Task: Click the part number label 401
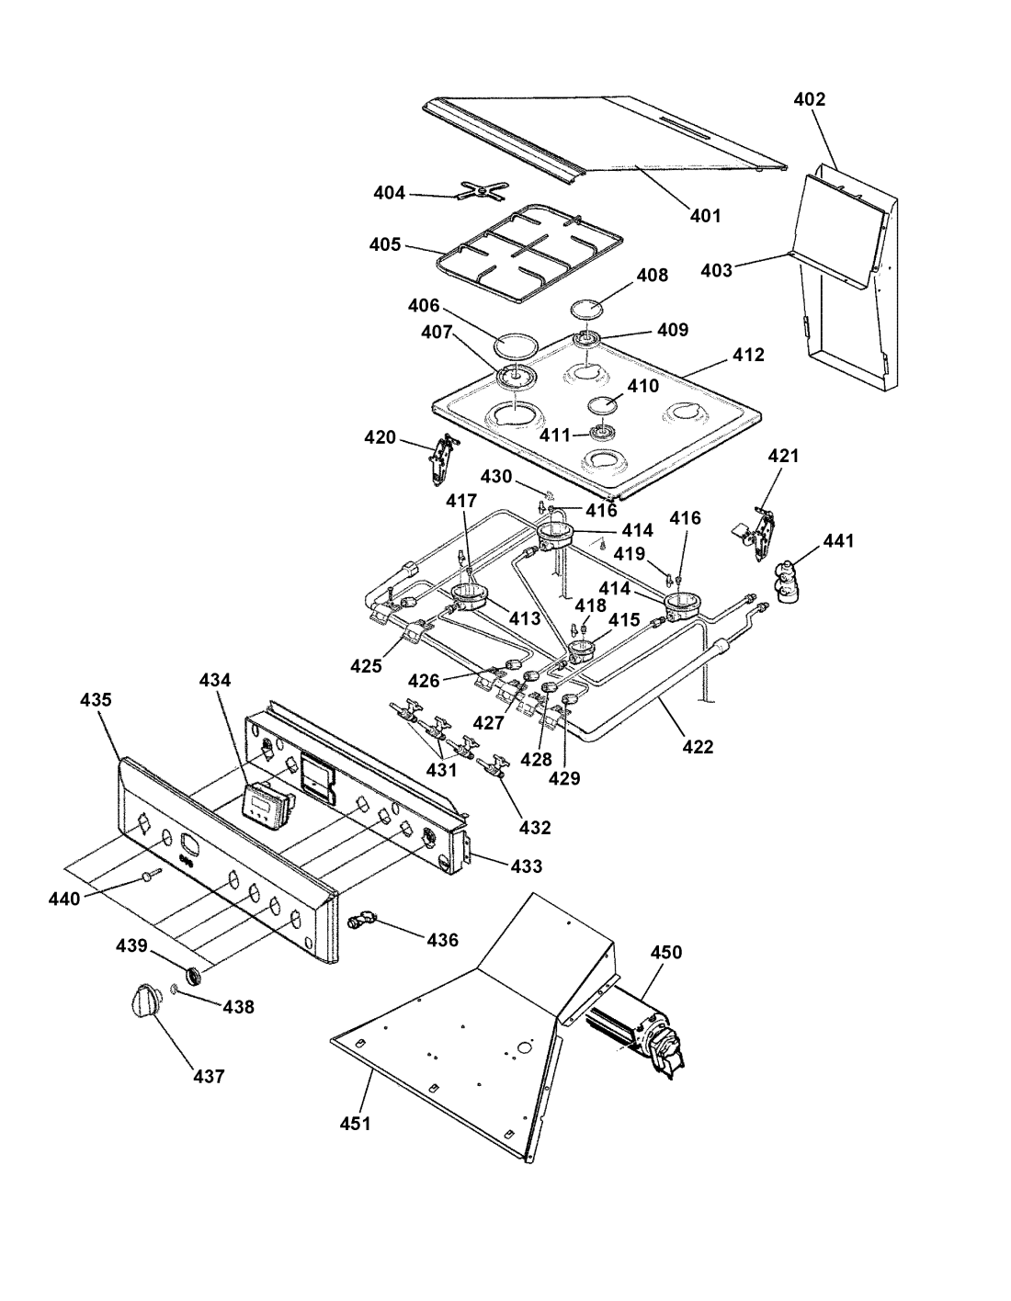[x=705, y=216]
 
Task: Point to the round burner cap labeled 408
[x=587, y=307]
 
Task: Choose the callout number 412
[x=749, y=355]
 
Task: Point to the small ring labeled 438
[x=173, y=989]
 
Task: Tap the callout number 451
[x=354, y=1123]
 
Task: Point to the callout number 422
[x=699, y=747]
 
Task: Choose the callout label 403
[x=717, y=270]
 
